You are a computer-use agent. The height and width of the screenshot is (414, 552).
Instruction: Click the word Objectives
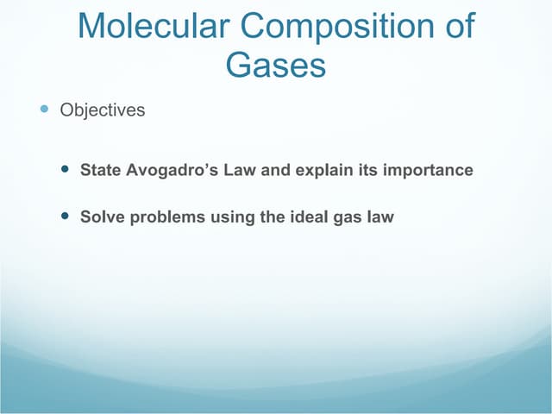pyautogui.click(x=102, y=111)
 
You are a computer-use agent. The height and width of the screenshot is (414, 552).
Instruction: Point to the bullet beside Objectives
pyautogui.click(x=45, y=110)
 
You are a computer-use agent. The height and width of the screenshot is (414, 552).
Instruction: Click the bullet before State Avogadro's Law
pyautogui.click(x=67, y=169)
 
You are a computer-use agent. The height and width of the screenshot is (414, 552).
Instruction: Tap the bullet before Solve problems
pyautogui.click(x=67, y=216)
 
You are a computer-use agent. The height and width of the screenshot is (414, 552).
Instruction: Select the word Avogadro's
pyautogui.click(x=172, y=170)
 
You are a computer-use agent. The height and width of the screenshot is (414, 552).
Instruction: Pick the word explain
pyautogui.click(x=323, y=171)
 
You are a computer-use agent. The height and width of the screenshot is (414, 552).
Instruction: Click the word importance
pyautogui.click(x=428, y=171)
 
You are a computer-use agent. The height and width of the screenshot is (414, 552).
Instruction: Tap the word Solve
pyautogui.click(x=100, y=216)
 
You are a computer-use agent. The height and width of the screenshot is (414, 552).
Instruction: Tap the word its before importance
pyautogui.click(x=366, y=171)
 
